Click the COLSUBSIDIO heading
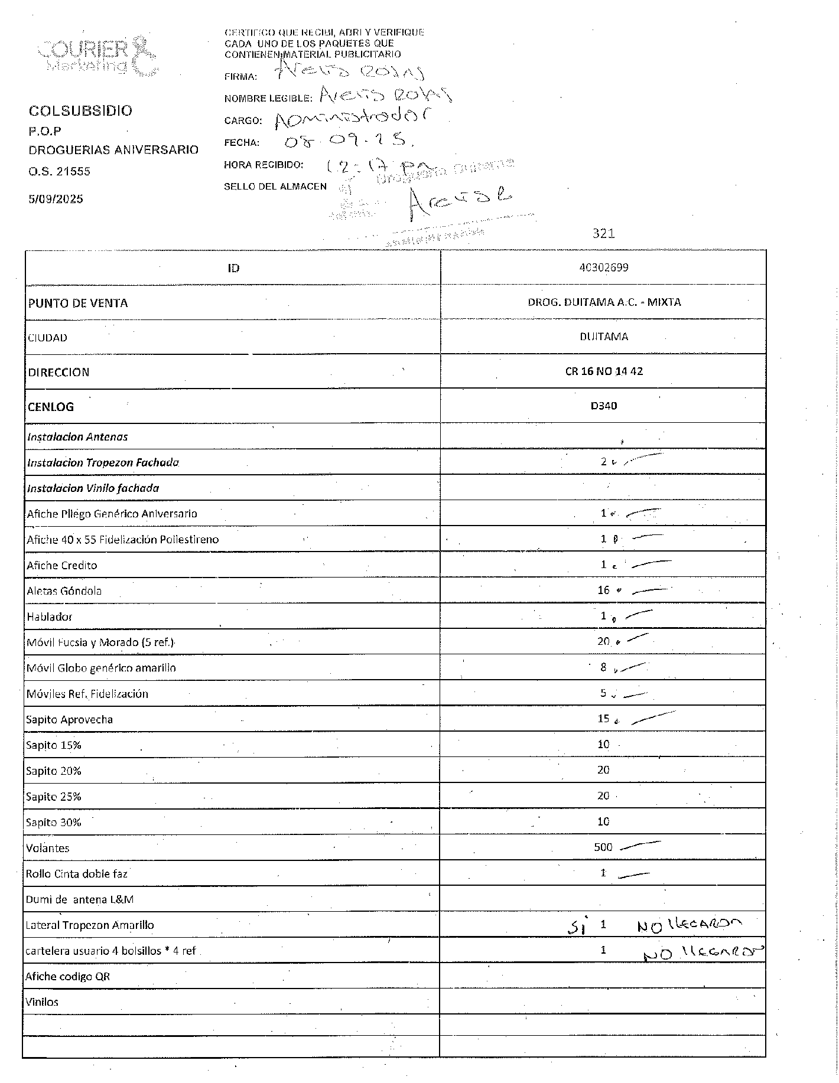click(80, 110)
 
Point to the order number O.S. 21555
click(59, 171)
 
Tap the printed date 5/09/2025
click(56, 198)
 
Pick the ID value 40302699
click(603, 268)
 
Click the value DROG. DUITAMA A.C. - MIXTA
click(604, 302)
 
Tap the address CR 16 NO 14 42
click(603, 371)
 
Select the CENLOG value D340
click(603, 406)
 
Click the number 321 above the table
click(603, 233)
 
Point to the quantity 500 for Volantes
click(603, 847)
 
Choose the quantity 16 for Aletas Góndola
click(603, 590)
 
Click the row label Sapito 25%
click(53, 797)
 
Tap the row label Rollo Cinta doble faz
click(76, 873)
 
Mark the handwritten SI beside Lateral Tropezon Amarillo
click(574, 927)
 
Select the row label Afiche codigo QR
click(69, 976)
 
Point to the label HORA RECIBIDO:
click(264, 165)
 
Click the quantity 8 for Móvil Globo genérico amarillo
click(603, 667)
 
